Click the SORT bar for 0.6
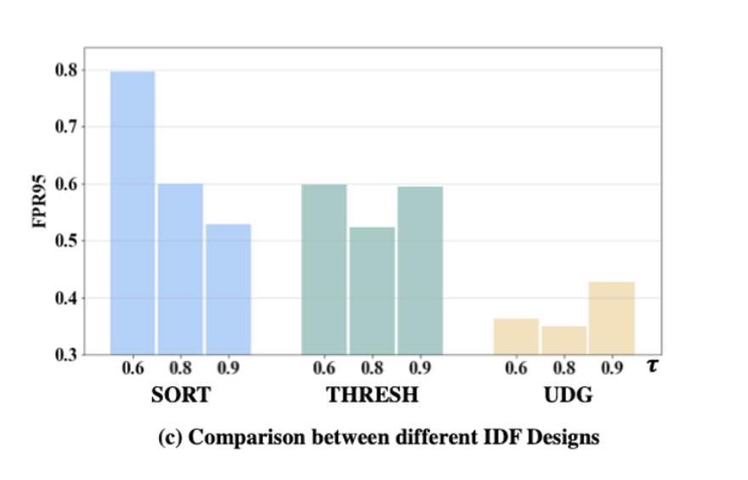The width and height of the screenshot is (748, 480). [x=133, y=212]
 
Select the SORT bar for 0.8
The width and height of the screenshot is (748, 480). [x=180, y=268]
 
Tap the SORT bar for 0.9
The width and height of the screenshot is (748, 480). [x=228, y=289]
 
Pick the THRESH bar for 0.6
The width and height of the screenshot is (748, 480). [x=324, y=268]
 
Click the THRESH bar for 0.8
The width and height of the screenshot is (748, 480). [x=371, y=290]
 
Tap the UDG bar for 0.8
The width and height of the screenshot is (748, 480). [x=564, y=340]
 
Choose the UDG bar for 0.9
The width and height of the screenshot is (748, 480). [x=611, y=317]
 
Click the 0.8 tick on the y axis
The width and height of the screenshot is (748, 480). [x=65, y=70]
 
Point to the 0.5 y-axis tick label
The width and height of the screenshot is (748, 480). [x=65, y=241]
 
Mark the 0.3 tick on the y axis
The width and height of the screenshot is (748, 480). [x=65, y=354]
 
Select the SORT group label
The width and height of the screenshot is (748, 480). [x=180, y=396]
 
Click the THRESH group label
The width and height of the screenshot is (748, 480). [x=372, y=396]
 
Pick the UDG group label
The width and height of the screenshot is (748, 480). [x=564, y=396]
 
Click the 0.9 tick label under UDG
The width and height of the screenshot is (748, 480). [x=612, y=369]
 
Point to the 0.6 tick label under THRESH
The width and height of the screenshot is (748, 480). [x=324, y=369]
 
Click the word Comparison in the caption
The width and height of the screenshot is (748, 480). [x=232, y=437]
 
